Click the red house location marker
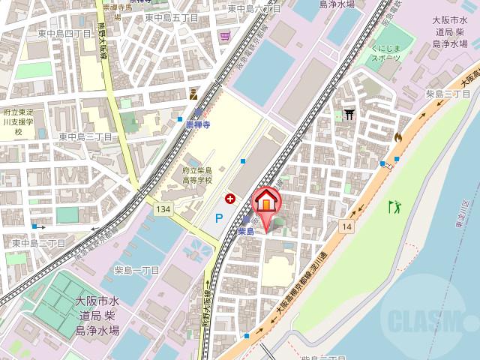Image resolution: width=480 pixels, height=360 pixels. (266, 202)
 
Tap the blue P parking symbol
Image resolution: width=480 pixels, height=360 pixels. (219, 218)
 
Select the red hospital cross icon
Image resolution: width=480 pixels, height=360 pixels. (230, 198)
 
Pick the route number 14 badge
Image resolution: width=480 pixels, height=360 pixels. (346, 225)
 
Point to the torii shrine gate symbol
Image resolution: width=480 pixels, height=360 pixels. (349, 115)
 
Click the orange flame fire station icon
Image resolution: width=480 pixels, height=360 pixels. (397, 137)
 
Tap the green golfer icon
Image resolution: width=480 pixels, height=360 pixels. (394, 205)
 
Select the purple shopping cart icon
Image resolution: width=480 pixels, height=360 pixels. (225, 36)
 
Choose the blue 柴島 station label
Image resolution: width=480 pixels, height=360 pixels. (247, 232)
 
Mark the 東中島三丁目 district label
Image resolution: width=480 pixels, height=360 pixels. (85, 136)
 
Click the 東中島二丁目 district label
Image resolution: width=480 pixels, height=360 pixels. (39, 244)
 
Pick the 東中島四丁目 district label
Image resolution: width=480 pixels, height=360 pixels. (64, 34)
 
